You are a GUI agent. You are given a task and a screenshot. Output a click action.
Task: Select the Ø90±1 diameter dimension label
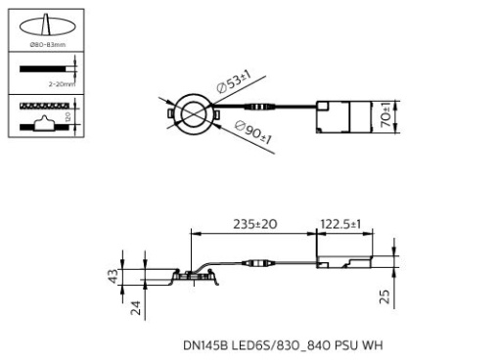point(253,132)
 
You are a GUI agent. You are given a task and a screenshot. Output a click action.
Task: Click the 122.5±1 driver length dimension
point(341,225)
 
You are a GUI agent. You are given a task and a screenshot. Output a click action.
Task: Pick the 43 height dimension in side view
point(114,277)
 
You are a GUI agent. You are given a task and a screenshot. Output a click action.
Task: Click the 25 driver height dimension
point(385,295)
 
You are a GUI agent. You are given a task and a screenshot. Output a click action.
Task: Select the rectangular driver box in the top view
point(341,116)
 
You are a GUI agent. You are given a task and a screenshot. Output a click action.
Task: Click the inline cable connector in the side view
point(261,261)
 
